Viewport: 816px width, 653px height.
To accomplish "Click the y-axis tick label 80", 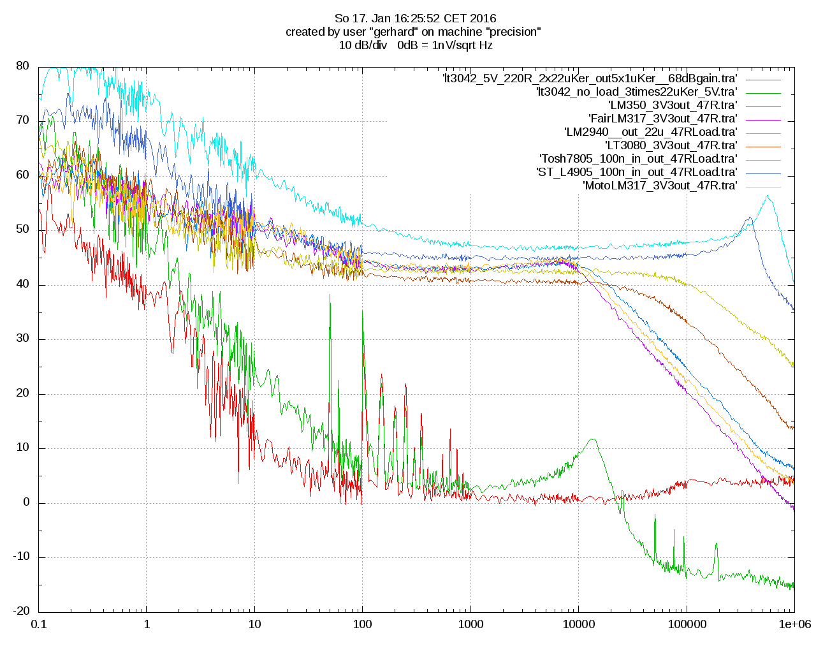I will pos(22,66).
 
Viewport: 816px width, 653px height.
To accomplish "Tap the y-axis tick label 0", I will pos(26,503).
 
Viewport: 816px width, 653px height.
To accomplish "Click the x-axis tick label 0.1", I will pos(39,624).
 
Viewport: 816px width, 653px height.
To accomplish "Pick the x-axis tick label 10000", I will pos(578,624).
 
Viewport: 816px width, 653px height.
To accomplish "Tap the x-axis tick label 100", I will pos(363,624).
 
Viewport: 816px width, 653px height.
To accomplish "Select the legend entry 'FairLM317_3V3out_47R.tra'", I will pos(663,119).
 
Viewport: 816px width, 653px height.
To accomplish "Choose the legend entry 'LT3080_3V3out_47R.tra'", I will pos(671,145).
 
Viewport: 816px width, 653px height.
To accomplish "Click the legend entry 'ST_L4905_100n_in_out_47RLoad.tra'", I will pos(637,172).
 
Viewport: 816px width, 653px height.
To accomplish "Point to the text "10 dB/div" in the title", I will pos(363,45).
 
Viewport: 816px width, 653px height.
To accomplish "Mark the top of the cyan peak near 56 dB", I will pos(768,196).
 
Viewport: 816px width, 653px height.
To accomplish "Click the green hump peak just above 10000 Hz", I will pos(594,439).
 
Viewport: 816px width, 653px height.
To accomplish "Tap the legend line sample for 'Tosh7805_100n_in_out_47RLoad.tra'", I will pos(763,159).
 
